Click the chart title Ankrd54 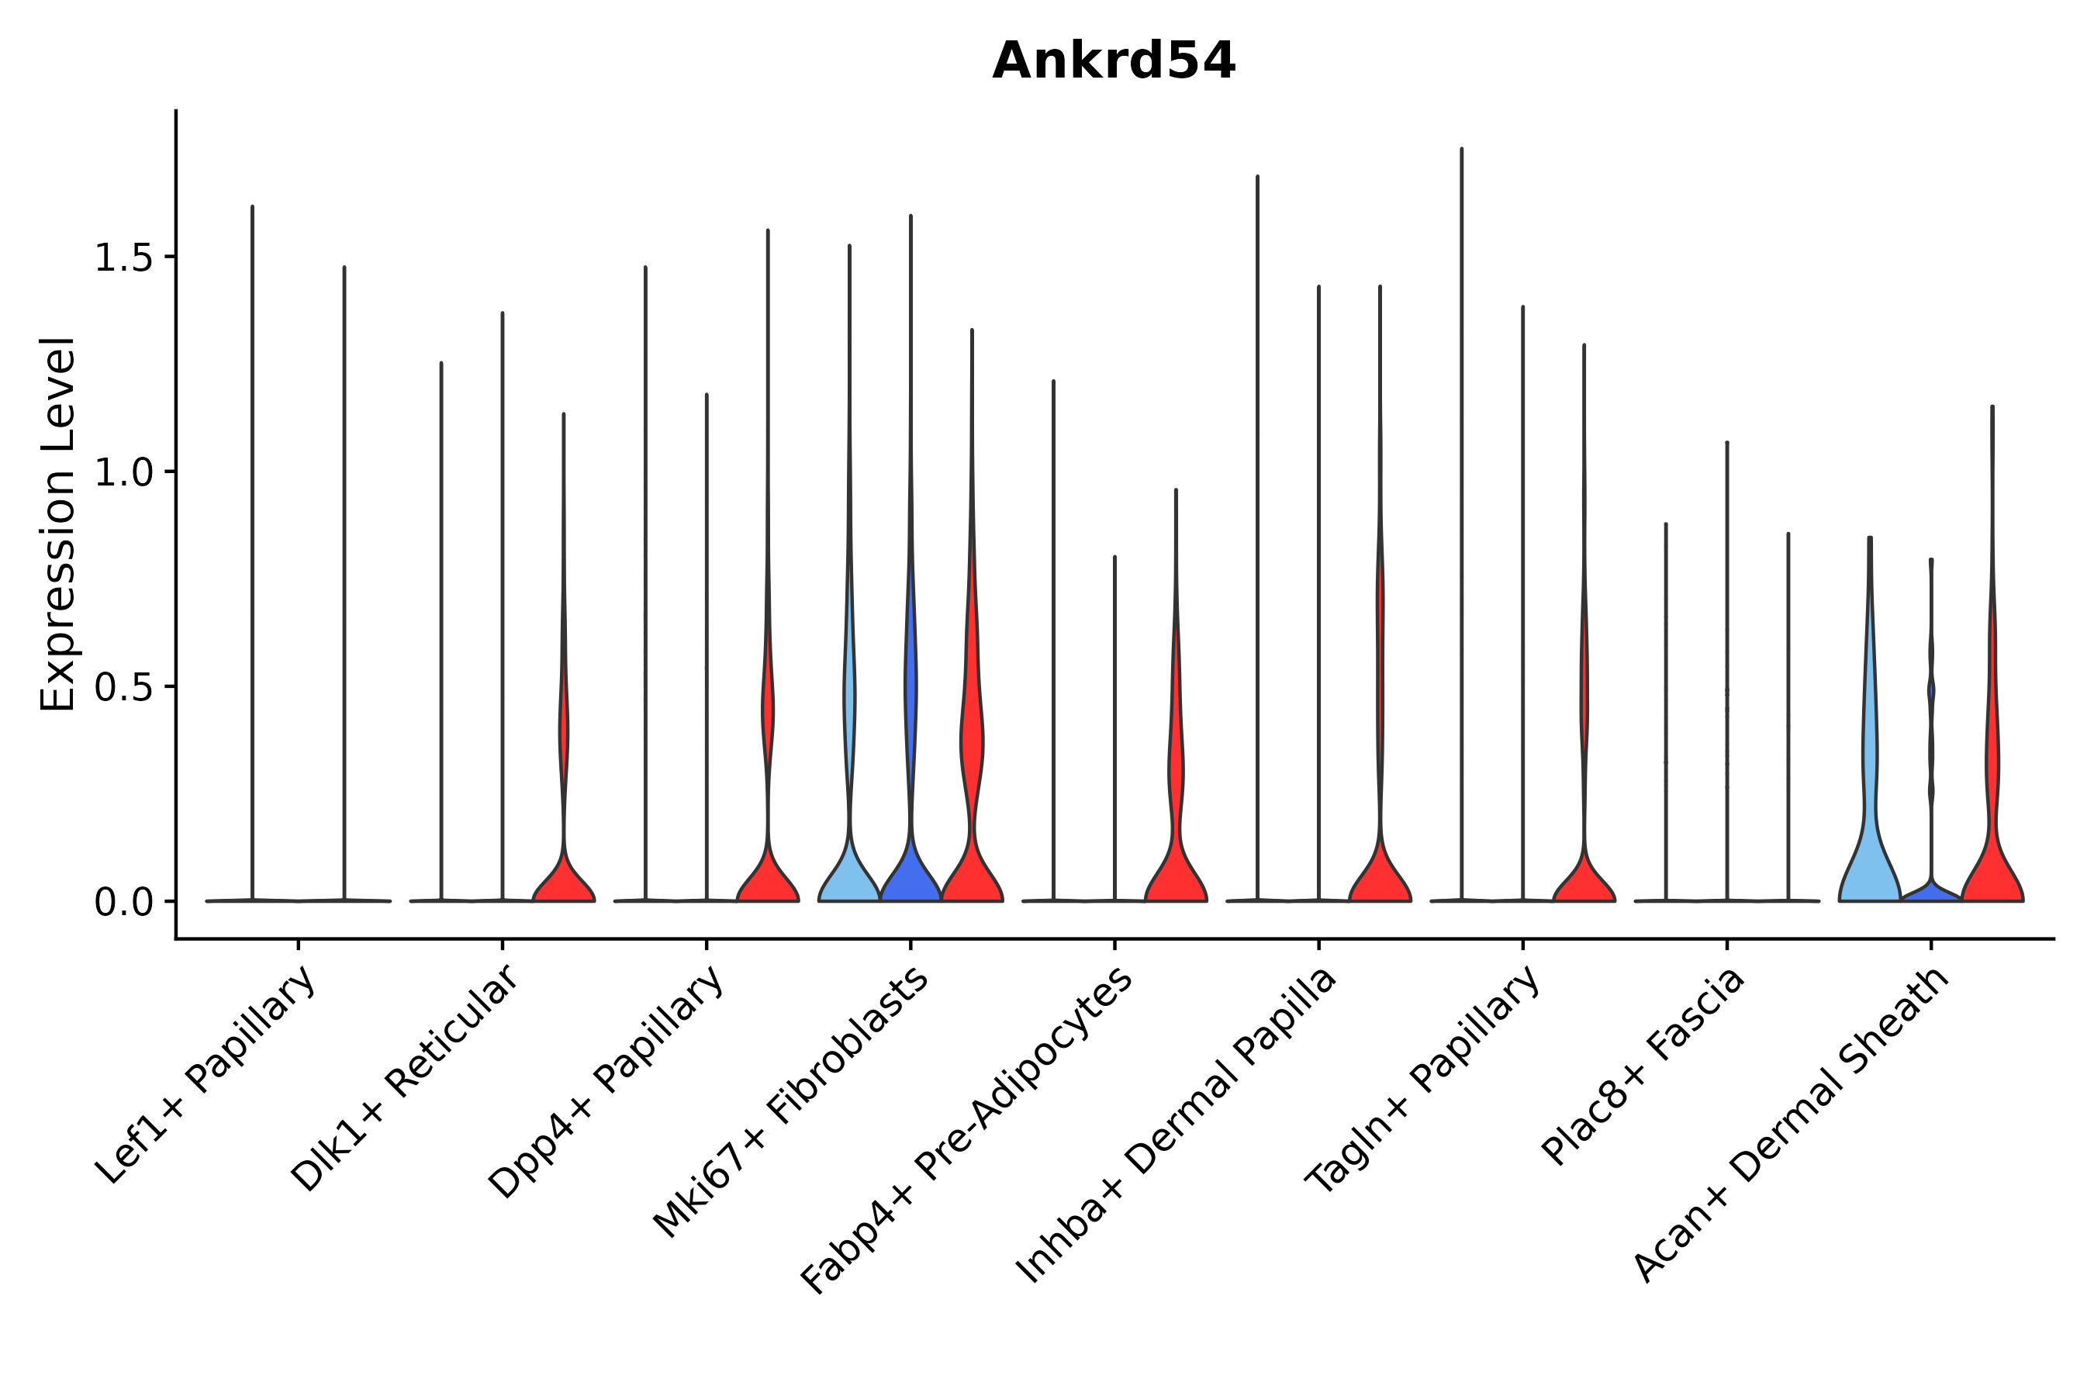[1113, 61]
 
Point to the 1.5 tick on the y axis [122, 258]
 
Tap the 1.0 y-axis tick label [122, 473]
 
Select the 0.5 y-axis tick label [122, 687]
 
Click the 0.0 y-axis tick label [122, 903]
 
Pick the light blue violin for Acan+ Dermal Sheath [1870, 855]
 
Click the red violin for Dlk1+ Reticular [564, 877]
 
